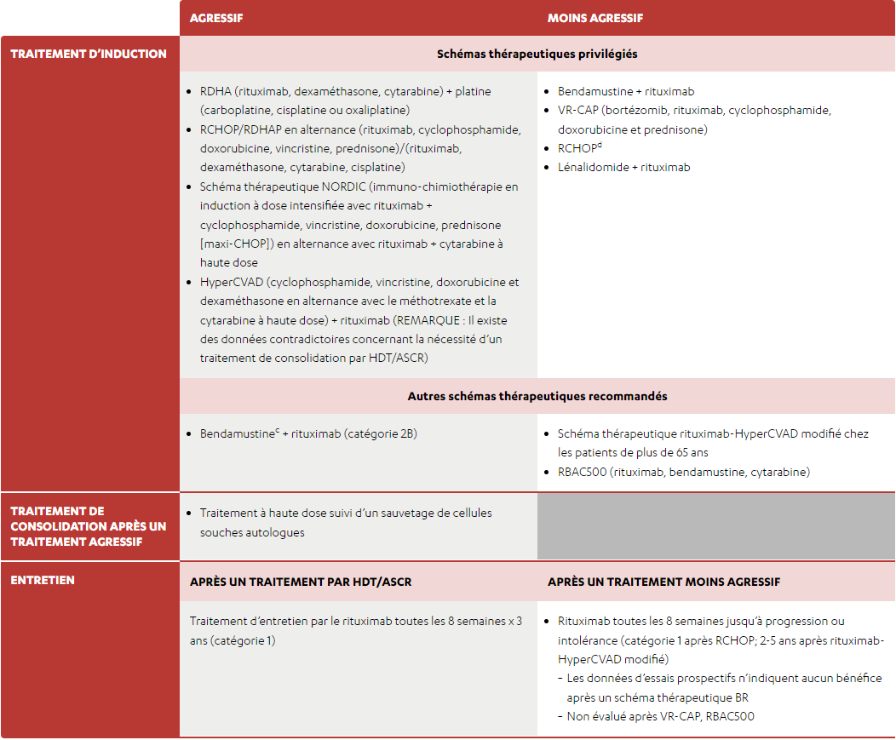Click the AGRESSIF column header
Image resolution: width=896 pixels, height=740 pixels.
pos(216,18)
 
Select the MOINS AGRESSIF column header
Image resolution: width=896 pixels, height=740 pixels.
pos(594,18)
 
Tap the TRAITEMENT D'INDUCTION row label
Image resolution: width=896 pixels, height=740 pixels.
pos(89,54)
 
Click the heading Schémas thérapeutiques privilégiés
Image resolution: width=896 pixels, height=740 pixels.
pos(537,54)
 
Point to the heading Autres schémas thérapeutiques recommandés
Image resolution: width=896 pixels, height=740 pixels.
pos(537,396)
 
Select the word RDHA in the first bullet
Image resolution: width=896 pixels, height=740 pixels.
pos(215,91)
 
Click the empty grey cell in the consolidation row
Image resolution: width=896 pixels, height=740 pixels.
pos(715,525)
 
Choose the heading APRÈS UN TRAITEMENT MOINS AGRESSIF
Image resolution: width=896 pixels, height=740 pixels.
pos(663,582)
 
